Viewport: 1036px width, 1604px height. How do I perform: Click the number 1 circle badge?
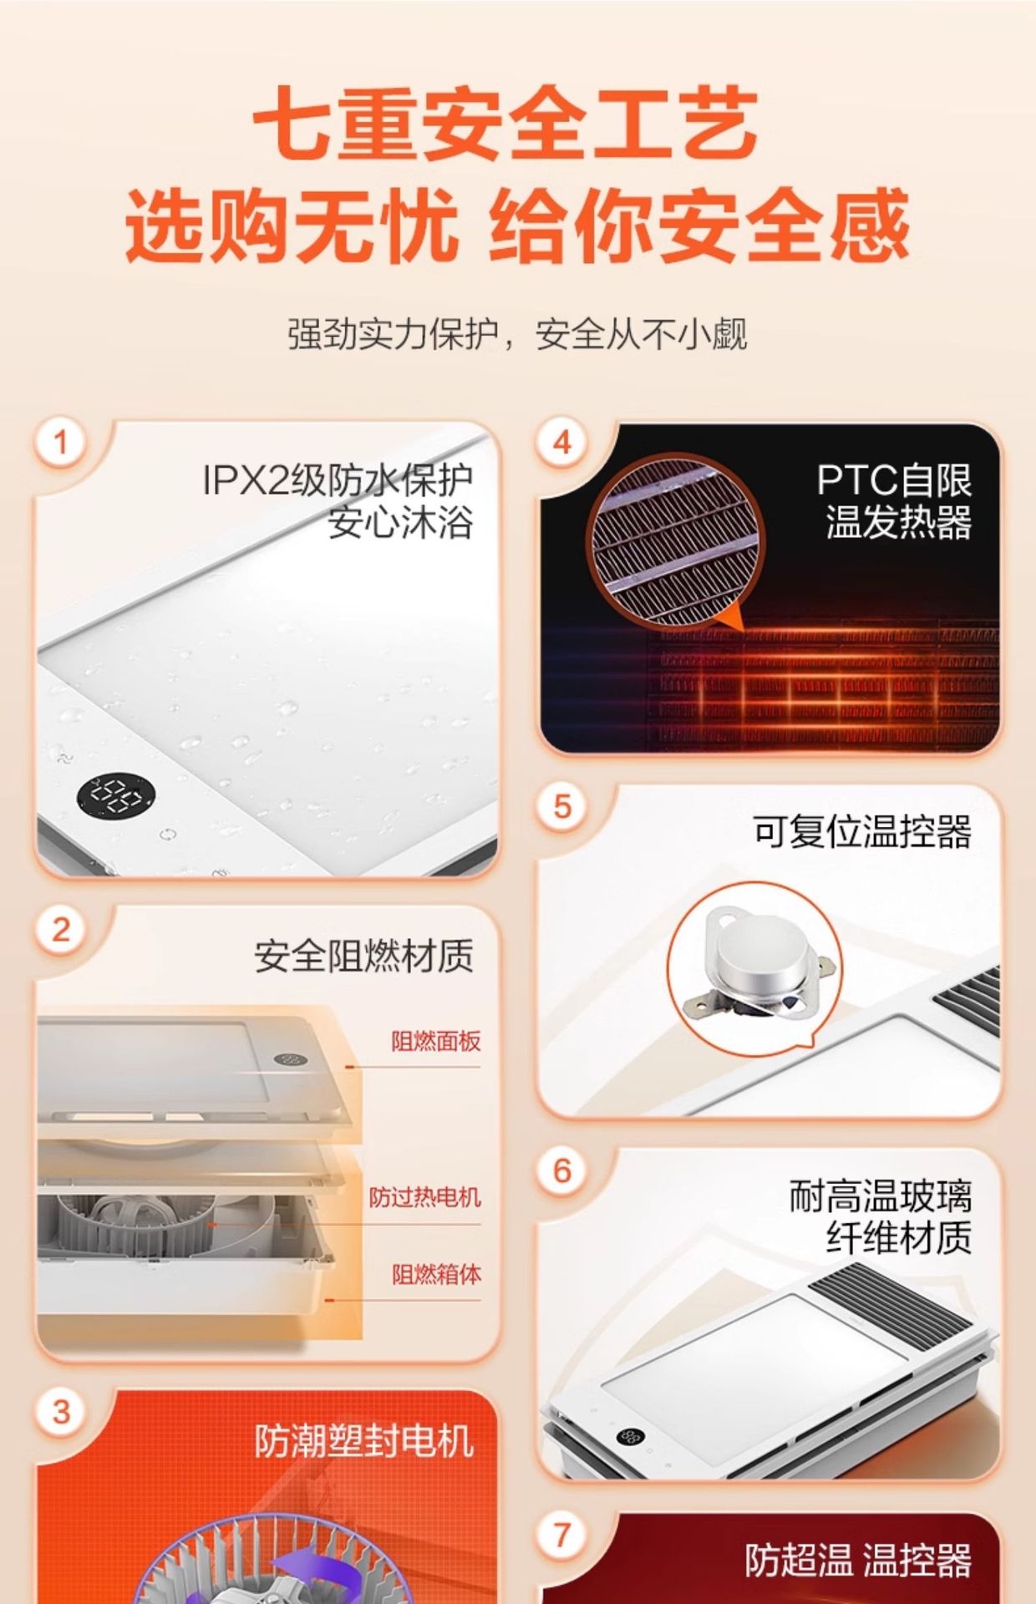(x=60, y=442)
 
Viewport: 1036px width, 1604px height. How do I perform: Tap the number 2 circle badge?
(x=60, y=930)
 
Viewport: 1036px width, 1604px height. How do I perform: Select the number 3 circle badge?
(x=60, y=1412)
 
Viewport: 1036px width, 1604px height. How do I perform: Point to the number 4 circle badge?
(x=562, y=442)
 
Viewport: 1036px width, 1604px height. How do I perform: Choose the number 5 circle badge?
(x=562, y=807)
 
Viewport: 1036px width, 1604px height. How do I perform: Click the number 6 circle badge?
(x=562, y=1170)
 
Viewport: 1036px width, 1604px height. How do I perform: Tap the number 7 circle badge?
(x=562, y=1535)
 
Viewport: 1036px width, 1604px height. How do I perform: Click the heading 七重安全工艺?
(x=505, y=124)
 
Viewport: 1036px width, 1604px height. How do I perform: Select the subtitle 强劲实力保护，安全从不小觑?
(x=517, y=334)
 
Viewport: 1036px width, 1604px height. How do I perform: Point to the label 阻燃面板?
(x=436, y=1041)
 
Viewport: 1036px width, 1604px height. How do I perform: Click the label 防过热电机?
(x=425, y=1197)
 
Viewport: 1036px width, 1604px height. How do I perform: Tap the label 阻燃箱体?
(x=436, y=1274)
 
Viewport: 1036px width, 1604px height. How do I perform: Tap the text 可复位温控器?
(x=862, y=832)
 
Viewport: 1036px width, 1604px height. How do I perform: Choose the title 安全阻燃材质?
(x=363, y=957)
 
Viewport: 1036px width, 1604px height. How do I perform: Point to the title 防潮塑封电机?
(x=363, y=1441)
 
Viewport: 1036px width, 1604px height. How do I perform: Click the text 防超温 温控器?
(x=858, y=1561)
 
